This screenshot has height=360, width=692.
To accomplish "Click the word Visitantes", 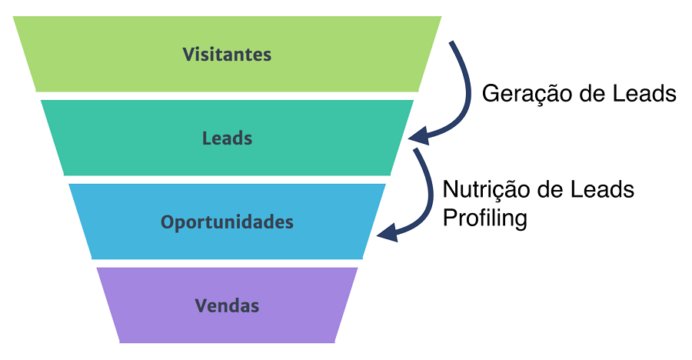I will pyautogui.click(x=227, y=55).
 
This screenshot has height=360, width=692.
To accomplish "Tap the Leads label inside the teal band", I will pyautogui.click(x=227, y=138).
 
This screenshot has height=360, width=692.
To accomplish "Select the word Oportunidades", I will pyautogui.click(x=227, y=222).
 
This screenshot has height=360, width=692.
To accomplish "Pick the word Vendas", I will pyautogui.click(x=227, y=305).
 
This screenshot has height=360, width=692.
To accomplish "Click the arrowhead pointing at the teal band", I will pyautogui.click(x=418, y=137).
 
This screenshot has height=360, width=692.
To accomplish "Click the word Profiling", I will pyautogui.click(x=484, y=218).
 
